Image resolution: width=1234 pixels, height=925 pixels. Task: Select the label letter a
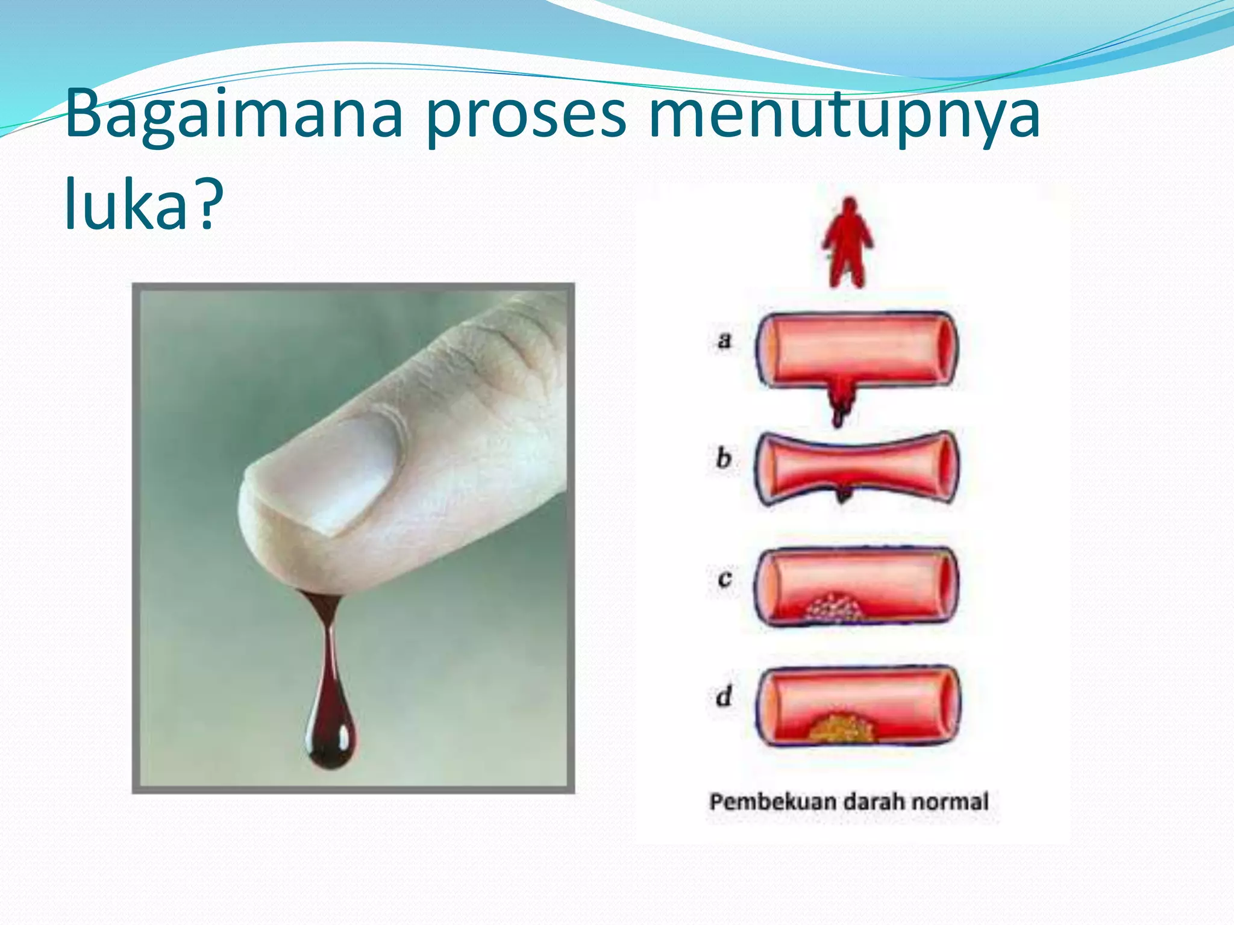coord(724,341)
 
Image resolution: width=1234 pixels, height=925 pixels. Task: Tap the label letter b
coord(724,459)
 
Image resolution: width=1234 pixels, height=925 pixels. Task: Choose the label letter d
coord(724,696)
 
